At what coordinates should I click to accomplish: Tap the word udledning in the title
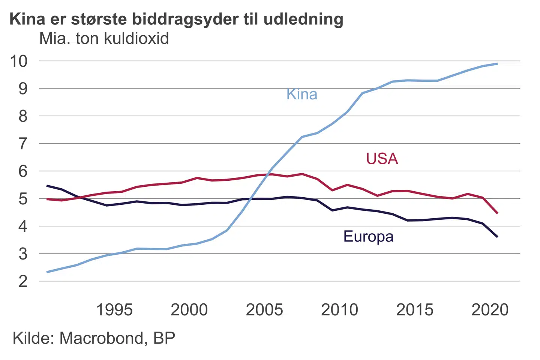[303, 19]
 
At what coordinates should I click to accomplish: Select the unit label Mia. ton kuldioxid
[104, 39]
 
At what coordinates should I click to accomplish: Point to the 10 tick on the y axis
[19, 61]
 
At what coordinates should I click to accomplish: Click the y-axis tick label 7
[23, 144]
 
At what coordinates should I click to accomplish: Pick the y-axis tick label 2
[23, 281]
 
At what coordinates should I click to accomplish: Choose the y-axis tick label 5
[23, 199]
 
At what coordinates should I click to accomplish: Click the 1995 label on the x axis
[114, 310]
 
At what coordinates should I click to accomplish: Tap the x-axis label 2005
[264, 310]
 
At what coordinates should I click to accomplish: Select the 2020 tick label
[490, 310]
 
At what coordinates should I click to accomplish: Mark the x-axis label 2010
[339, 310]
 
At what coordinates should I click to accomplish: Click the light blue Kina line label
[302, 94]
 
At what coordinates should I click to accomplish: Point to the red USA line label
[382, 159]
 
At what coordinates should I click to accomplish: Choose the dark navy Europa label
[368, 237]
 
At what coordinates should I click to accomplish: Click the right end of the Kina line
[497, 64]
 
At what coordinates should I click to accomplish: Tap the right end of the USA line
[497, 213]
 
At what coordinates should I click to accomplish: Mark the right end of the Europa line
[497, 237]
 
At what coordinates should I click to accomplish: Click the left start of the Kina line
[47, 272]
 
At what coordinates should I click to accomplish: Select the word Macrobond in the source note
[101, 338]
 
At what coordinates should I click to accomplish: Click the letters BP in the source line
[164, 338]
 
